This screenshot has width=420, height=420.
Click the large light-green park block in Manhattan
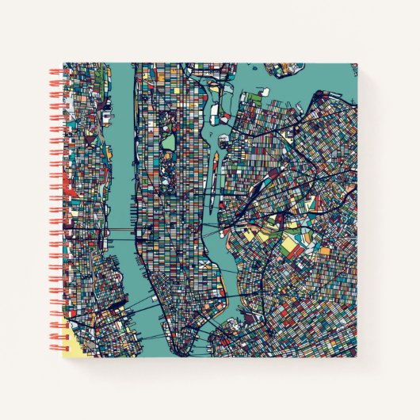(x=169, y=143)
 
